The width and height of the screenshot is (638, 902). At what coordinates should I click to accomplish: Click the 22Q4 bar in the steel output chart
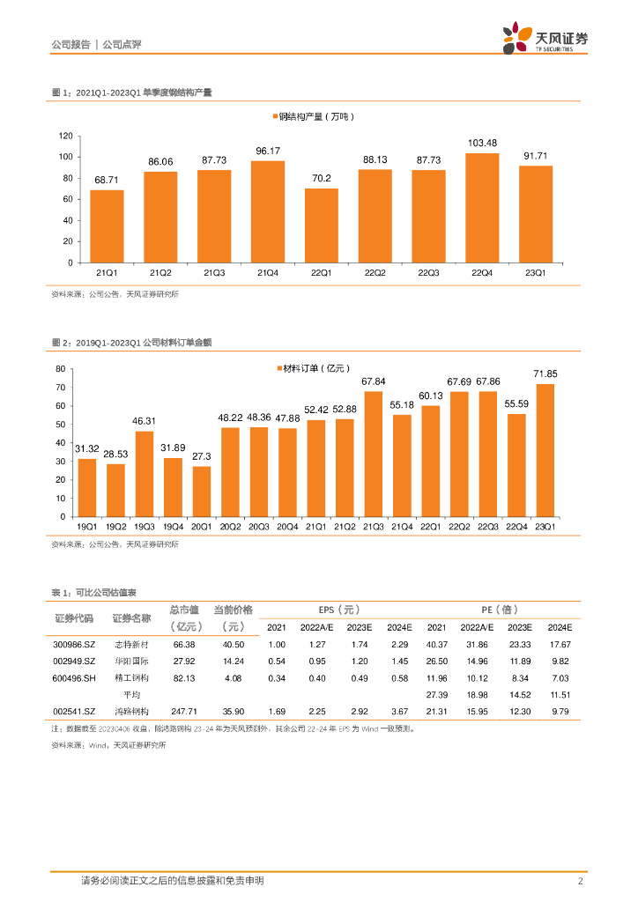pos(482,208)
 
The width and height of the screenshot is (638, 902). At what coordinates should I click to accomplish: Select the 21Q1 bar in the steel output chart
pos(107,226)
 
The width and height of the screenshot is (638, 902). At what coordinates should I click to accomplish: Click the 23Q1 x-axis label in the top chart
pos(536,272)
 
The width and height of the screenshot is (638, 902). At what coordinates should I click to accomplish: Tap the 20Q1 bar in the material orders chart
pos(202,491)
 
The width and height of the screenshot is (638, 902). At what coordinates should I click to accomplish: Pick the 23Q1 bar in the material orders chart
pos(545,450)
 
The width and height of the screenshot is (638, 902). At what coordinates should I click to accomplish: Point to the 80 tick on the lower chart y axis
pos(61,368)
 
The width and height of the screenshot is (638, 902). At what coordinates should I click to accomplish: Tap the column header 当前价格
pos(234,610)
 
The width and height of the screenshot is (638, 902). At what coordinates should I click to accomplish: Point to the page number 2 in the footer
pos(579,881)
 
